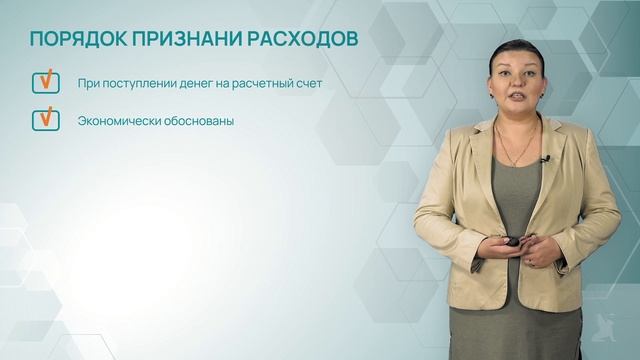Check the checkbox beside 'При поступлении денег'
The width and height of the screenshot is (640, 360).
click(45, 82)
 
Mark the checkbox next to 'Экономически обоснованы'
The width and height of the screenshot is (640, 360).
click(45, 120)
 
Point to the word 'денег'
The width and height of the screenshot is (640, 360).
click(190, 83)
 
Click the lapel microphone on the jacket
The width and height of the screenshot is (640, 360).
click(546, 159)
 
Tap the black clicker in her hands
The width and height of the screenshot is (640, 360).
click(513, 242)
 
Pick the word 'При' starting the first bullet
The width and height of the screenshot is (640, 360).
click(88, 83)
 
